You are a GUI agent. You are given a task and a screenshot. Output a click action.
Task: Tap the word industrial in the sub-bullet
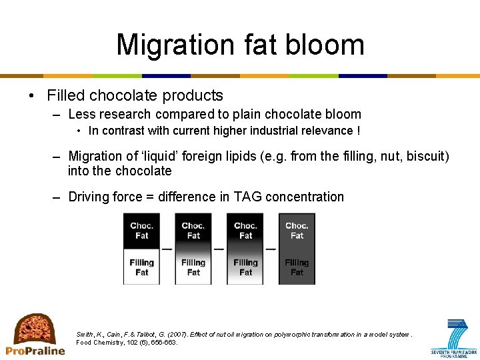(x=249, y=131)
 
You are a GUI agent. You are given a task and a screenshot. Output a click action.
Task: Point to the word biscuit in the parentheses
(x=425, y=156)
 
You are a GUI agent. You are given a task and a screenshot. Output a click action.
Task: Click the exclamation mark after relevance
(x=359, y=131)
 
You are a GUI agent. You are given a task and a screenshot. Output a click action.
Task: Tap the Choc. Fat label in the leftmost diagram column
(x=141, y=231)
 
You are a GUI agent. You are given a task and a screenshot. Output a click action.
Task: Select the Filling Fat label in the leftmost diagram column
(x=141, y=267)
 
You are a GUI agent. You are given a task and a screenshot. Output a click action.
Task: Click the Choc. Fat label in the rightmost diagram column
(x=297, y=231)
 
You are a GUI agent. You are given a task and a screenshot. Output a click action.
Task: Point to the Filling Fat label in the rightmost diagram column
(x=297, y=267)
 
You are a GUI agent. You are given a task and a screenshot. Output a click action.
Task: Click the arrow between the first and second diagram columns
(x=167, y=249)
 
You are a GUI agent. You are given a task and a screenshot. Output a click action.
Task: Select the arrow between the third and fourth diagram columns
(x=271, y=249)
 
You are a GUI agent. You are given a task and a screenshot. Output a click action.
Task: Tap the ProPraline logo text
(x=35, y=351)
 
